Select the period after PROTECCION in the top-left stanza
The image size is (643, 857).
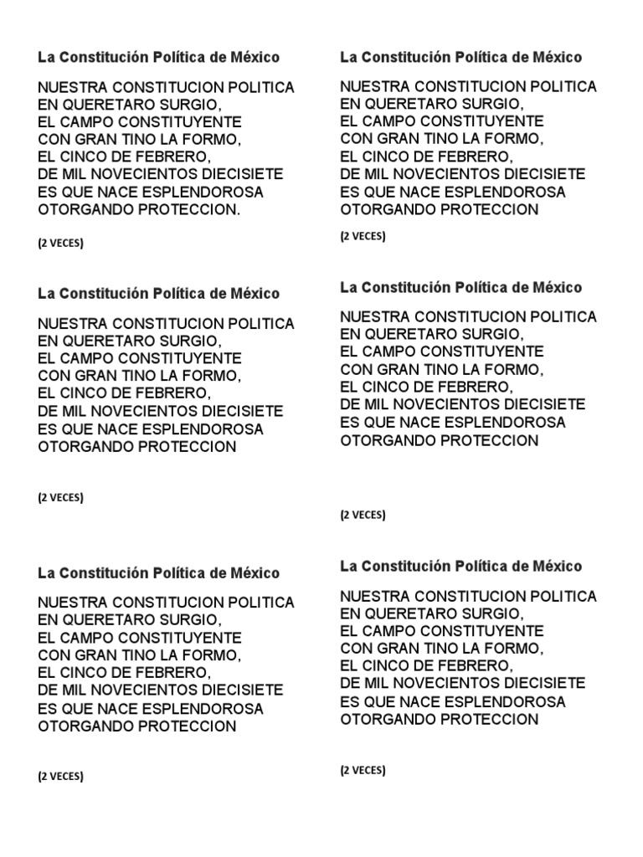coord(239,210)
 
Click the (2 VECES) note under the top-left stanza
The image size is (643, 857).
coord(60,244)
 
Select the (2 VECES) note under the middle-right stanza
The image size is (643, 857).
coord(363,515)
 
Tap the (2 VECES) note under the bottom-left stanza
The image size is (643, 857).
coord(60,776)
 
